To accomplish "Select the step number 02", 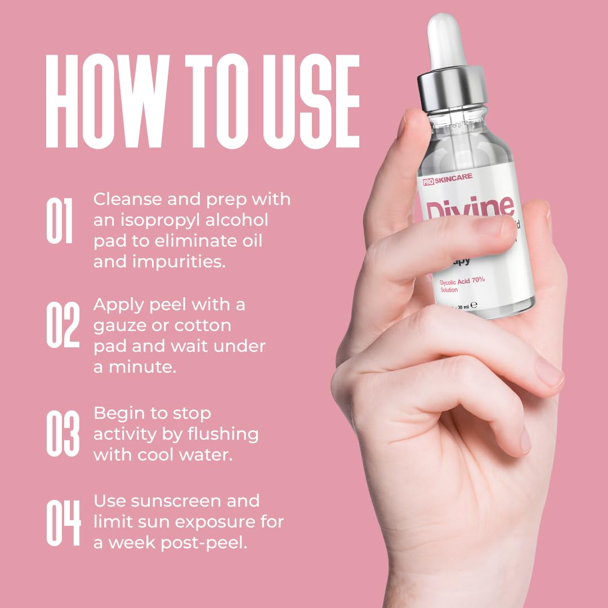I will (x=63, y=325).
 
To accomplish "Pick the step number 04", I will (x=63, y=522).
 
